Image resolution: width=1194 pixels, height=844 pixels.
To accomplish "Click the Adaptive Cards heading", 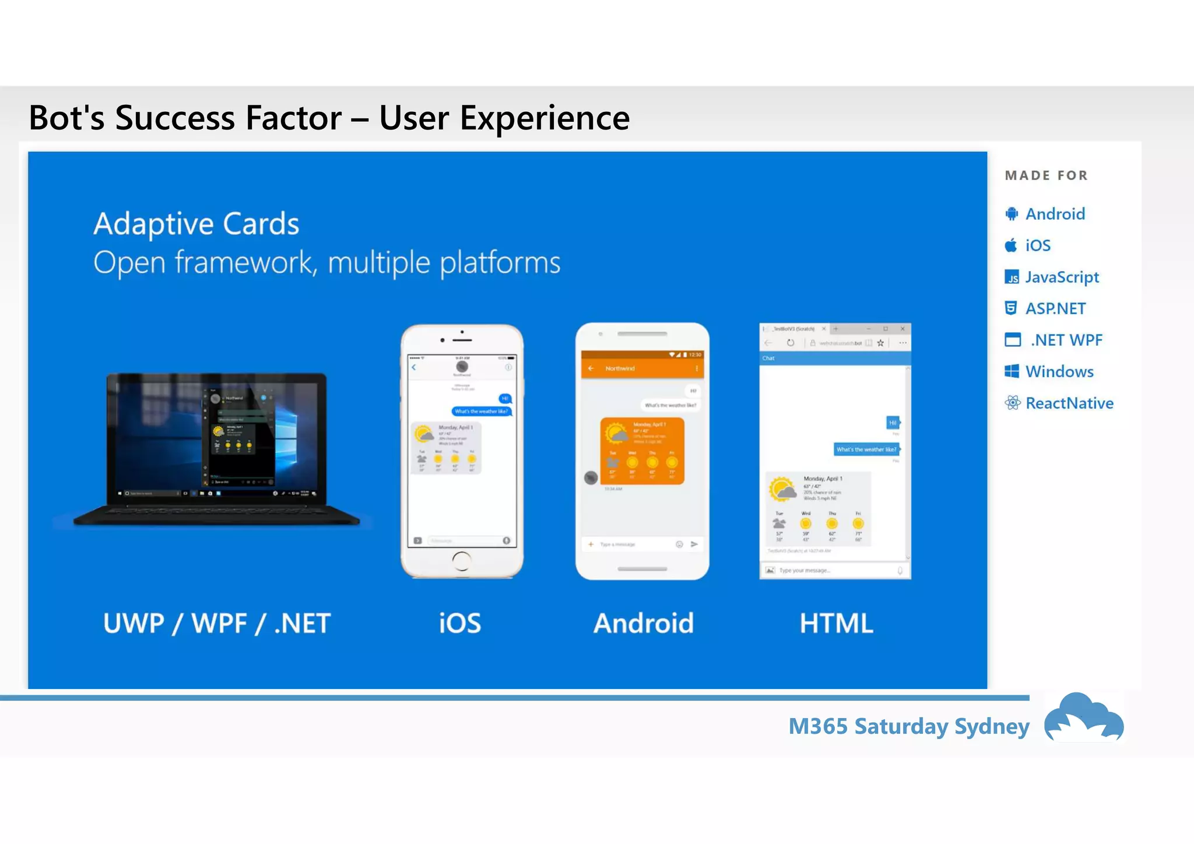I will (196, 224).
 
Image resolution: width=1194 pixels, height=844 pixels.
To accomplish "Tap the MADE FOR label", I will (1046, 175).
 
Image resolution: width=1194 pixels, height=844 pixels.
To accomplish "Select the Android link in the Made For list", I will (1055, 214).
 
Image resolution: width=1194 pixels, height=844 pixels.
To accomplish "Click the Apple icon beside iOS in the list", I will (1011, 245).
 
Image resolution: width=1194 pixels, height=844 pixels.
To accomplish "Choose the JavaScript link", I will (1062, 277).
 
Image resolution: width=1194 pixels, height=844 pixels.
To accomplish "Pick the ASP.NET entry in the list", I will (1055, 308).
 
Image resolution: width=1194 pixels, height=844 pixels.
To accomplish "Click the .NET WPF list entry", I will (1066, 340).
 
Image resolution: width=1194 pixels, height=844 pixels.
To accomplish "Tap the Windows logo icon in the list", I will (1012, 371).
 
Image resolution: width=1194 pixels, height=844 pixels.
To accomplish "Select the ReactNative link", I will (1069, 403).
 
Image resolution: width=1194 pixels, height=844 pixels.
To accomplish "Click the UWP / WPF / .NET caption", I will (217, 623).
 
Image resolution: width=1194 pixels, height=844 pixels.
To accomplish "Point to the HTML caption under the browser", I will (836, 623).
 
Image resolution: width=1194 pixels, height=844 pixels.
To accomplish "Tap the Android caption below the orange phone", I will (643, 623).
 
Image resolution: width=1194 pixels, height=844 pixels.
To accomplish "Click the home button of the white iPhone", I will (461, 561).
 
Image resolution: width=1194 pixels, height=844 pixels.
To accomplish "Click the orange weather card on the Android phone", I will (642, 451).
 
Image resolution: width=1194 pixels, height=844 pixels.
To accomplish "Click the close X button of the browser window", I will (902, 329).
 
